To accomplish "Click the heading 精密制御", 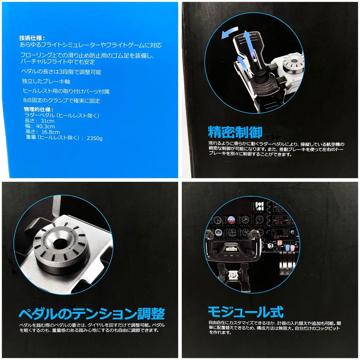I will (235, 132).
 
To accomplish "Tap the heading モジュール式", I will (245, 312).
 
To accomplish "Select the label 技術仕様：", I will (34, 38).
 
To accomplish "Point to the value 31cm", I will (48, 121).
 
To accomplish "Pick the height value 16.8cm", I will (47, 132).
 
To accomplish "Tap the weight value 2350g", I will (94, 138).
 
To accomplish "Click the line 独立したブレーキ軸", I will (46, 81).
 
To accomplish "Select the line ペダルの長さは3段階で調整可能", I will (62, 72).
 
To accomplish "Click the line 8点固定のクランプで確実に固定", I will (61, 101).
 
